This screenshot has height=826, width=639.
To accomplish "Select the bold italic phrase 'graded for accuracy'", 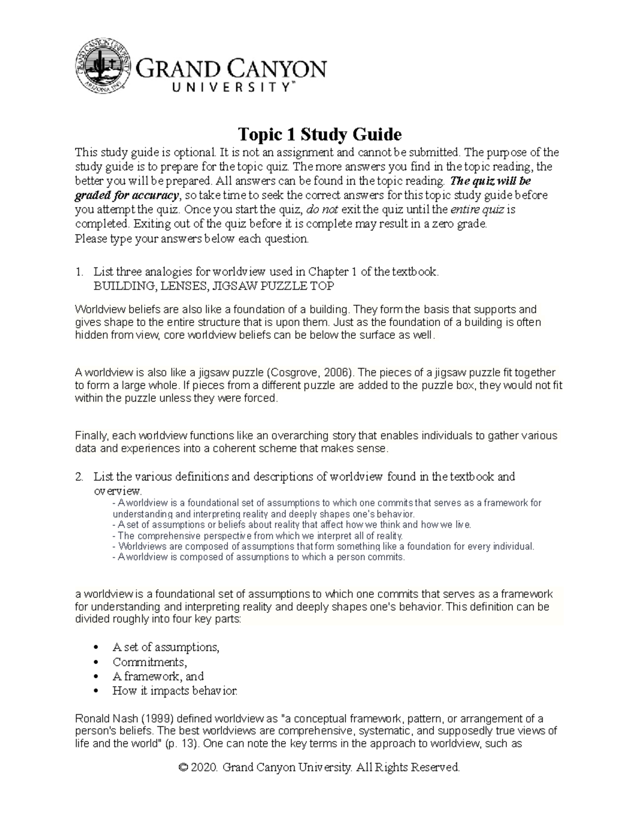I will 127,195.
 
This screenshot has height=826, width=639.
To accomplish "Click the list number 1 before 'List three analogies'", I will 79,272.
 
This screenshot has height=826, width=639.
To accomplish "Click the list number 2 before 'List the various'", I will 79,477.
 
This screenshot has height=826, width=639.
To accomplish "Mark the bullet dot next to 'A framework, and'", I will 96,677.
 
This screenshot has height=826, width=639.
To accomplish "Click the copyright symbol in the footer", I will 184,767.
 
